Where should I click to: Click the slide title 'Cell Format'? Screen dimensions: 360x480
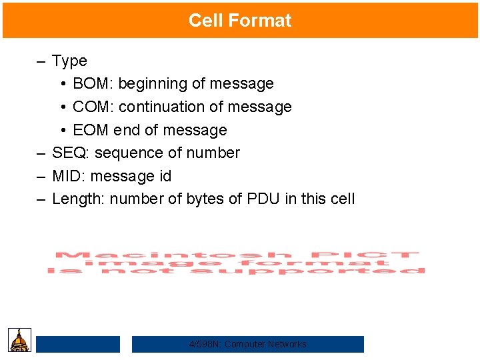pyautogui.click(x=240, y=21)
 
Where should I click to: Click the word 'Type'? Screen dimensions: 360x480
pyautogui.click(x=69, y=61)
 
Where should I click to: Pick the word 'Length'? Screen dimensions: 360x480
pyautogui.click(x=78, y=199)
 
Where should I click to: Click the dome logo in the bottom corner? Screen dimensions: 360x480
pyautogui.click(x=19, y=340)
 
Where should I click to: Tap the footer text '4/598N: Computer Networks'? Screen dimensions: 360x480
pyautogui.click(x=248, y=344)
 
